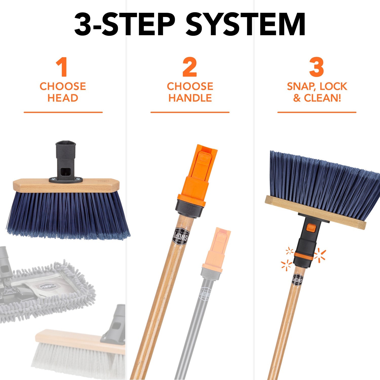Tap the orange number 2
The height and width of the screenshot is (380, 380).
[190, 67]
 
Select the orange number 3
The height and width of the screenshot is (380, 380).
[316, 67]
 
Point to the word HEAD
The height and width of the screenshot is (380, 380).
[63, 98]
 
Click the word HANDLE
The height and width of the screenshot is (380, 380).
[190, 98]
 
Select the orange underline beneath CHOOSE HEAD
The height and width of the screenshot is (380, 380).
[63, 112]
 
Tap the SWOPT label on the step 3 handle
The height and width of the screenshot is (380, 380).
[298, 280]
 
